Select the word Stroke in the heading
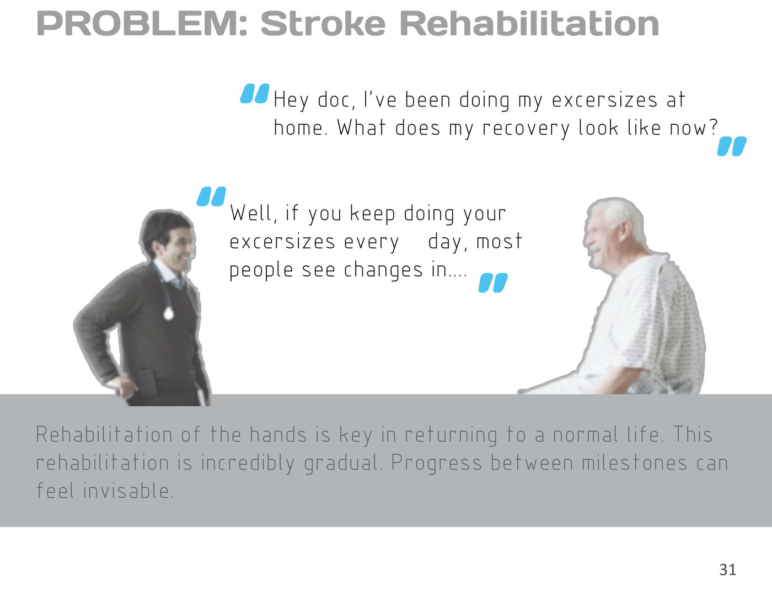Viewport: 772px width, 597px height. tap(323, 24)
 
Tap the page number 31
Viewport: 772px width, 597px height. tap(727, 569)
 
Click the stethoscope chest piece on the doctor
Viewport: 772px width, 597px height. tap(168, 314)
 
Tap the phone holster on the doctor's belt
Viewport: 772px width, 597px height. tap(146, 383)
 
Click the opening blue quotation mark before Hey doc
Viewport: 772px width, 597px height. tap(254, 93)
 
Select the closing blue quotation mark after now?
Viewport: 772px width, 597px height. tap(732, 146)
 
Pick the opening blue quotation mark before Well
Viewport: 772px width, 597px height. tap(211, 196)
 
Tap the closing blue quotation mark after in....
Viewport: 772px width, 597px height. tap(493, 283)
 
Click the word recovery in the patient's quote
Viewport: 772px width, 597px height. tap(526, 129)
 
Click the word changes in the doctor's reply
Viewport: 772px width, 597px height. tap(383, 270)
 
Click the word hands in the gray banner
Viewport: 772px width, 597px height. tap(278, 434)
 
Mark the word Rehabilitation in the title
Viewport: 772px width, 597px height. tap(530, 24)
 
